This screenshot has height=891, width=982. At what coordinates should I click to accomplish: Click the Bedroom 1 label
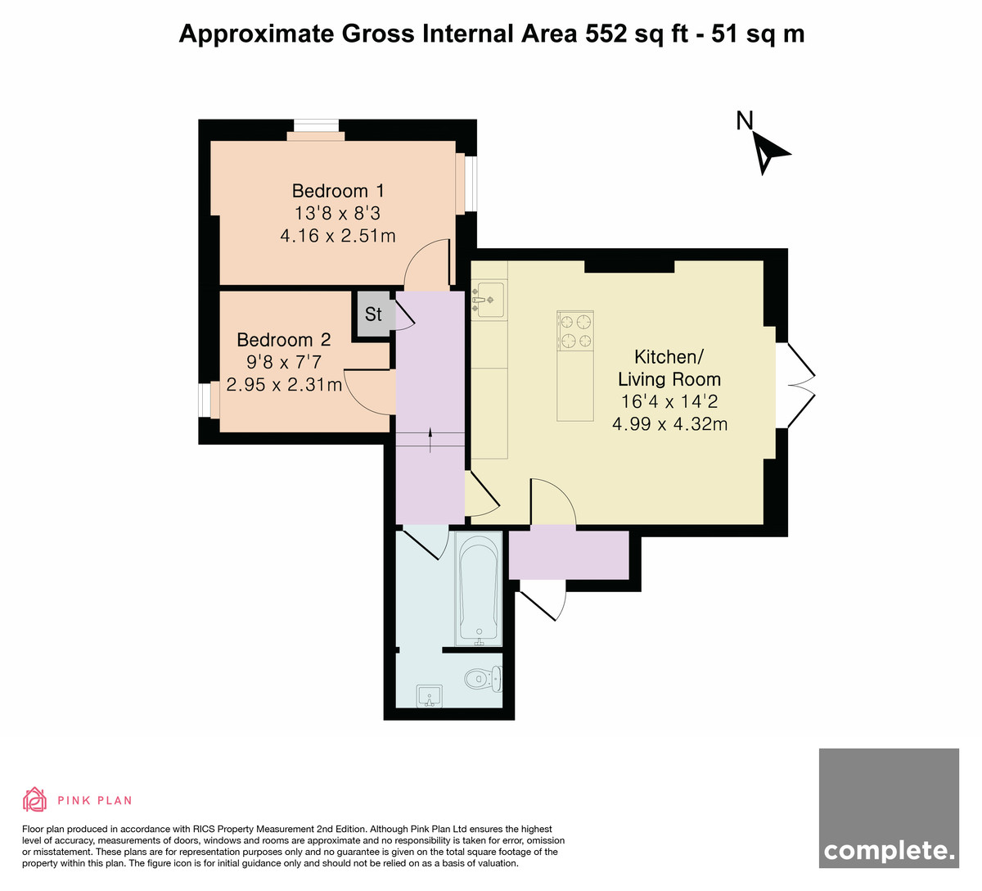(338, 191)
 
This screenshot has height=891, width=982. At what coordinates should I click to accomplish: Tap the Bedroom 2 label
(283, 340)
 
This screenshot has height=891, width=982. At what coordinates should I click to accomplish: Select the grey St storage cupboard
(373, 314)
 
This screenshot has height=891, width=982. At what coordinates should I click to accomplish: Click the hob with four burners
(575, 332)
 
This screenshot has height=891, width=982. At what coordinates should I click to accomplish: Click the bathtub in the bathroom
(479, 589)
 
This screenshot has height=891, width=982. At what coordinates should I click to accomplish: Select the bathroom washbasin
(430, 696)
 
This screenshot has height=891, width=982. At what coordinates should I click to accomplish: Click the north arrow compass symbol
(771, 153)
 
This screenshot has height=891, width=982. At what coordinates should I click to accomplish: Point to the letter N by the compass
(745, 120)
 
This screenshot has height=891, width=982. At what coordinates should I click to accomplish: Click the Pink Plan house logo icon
(34, 800)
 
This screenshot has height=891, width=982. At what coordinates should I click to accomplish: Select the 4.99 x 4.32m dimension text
(669, 424)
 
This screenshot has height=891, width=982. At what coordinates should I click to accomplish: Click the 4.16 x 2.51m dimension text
(338, 236)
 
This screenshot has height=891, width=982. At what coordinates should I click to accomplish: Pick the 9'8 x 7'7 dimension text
(284, 362)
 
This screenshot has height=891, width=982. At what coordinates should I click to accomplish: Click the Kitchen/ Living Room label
(669, 368)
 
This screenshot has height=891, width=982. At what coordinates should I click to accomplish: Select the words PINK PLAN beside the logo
(95, 801)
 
